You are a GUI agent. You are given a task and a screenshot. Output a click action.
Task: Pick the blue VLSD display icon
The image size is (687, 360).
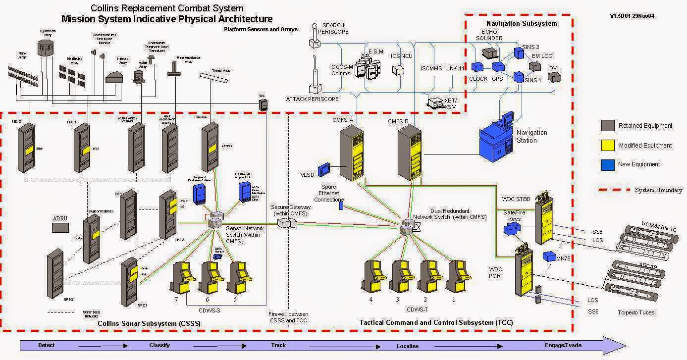tap(324, 169)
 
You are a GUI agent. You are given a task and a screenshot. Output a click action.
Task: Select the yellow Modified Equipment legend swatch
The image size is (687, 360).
tap(608, 145)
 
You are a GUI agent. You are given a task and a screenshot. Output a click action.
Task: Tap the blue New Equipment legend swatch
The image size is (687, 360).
tap(608, 164)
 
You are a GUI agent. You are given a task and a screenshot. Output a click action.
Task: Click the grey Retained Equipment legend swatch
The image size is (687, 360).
tap(608, 125)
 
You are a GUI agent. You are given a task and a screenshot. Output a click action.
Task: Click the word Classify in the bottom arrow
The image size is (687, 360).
tap(159, 345)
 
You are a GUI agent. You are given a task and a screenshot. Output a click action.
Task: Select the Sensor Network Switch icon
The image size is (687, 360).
tap(215, 221)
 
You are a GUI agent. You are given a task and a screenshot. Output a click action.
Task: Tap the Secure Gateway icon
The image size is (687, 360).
tap(287, 224)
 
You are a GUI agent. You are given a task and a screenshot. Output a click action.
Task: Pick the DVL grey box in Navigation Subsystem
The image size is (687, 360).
tap(554, 77)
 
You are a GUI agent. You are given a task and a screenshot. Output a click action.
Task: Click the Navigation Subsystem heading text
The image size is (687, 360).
tap(522, 23)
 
